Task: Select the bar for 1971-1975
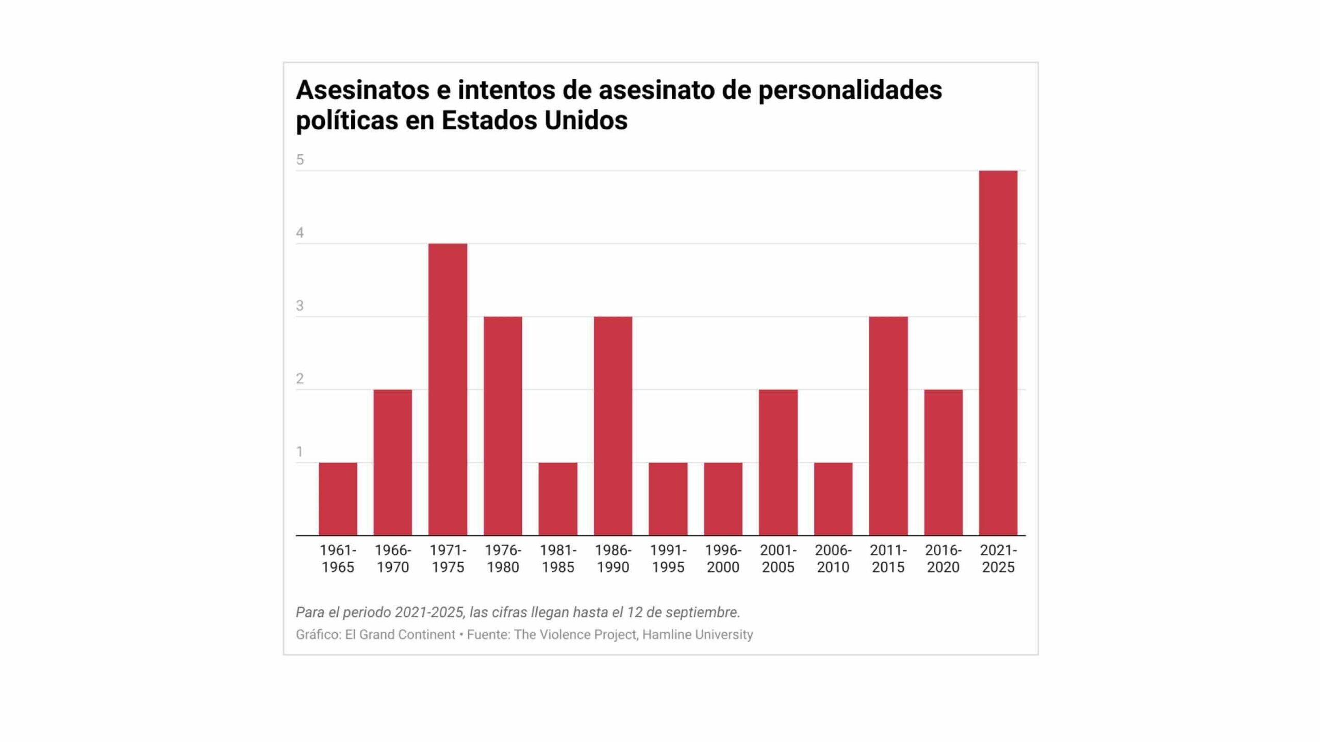[448, 390]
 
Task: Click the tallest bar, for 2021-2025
[998, 353]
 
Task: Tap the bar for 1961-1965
[338, 499]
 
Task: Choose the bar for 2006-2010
[833, 499]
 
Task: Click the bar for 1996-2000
[723, 499]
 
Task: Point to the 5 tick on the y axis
[300, 160]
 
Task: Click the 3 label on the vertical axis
[300, 306]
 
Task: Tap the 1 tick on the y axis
[300, 452]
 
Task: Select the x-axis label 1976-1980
[503, 559]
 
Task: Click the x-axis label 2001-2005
[778, 559]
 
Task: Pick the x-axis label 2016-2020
[943, 559]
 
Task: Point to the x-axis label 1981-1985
[558, 559]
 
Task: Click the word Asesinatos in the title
[362, 90]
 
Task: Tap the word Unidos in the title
[586, 121]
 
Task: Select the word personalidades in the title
[850, 91]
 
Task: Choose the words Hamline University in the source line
[697, 635]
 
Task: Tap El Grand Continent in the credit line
[400, 635]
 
